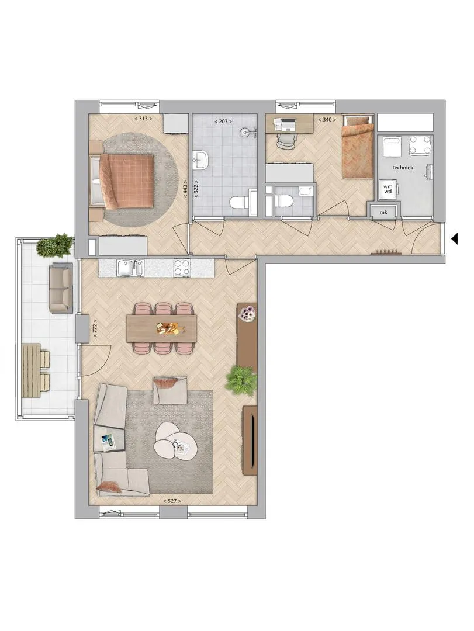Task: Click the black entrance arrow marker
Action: (x=455, y=239)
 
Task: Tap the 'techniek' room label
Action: (x=403, y=168)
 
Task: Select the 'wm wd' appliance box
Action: (x=388, y=189)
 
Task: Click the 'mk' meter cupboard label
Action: (x=383, y=212)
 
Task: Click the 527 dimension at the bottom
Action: (x=172, y=501)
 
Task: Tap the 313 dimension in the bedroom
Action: (x=143, y=119)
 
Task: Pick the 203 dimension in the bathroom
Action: (x=223, y=121)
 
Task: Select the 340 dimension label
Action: (x=327, y=120)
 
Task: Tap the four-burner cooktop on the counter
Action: (x=182, y=268)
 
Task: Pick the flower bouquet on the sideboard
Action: (x=248, y=313)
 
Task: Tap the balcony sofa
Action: (x=61, y=288)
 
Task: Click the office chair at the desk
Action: (x=286, y=141)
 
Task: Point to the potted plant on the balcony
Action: (x=55, y=245)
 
